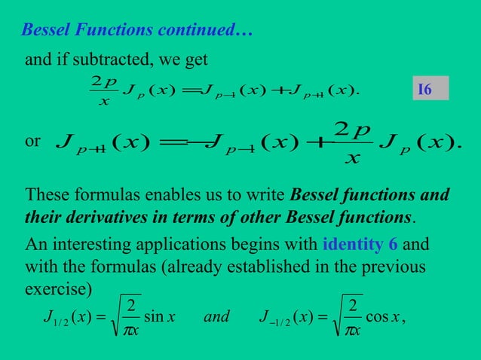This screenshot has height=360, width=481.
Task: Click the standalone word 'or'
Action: click(x=32, y=142)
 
